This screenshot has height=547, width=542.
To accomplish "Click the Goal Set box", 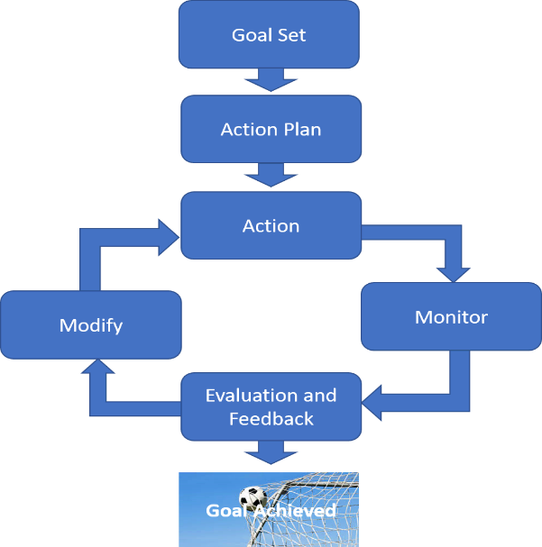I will [269, 35].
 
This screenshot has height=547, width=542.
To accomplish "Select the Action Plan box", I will [271, 129].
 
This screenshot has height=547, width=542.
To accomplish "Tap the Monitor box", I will [451, 316].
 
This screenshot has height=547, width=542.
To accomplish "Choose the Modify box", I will [90, 324].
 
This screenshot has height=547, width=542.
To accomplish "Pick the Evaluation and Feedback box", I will [271, 406].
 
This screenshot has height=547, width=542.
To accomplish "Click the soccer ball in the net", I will [253, 497].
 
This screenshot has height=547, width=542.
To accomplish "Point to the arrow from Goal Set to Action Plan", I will [270, 80].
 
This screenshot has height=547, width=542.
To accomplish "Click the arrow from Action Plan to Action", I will [271, 174].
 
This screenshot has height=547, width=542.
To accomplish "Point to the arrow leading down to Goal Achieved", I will [271, 451].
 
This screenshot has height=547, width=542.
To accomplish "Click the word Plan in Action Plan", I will [304, 129].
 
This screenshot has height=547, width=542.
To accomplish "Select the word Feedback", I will [271, 419].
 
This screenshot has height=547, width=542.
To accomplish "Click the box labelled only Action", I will [271, 225].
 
